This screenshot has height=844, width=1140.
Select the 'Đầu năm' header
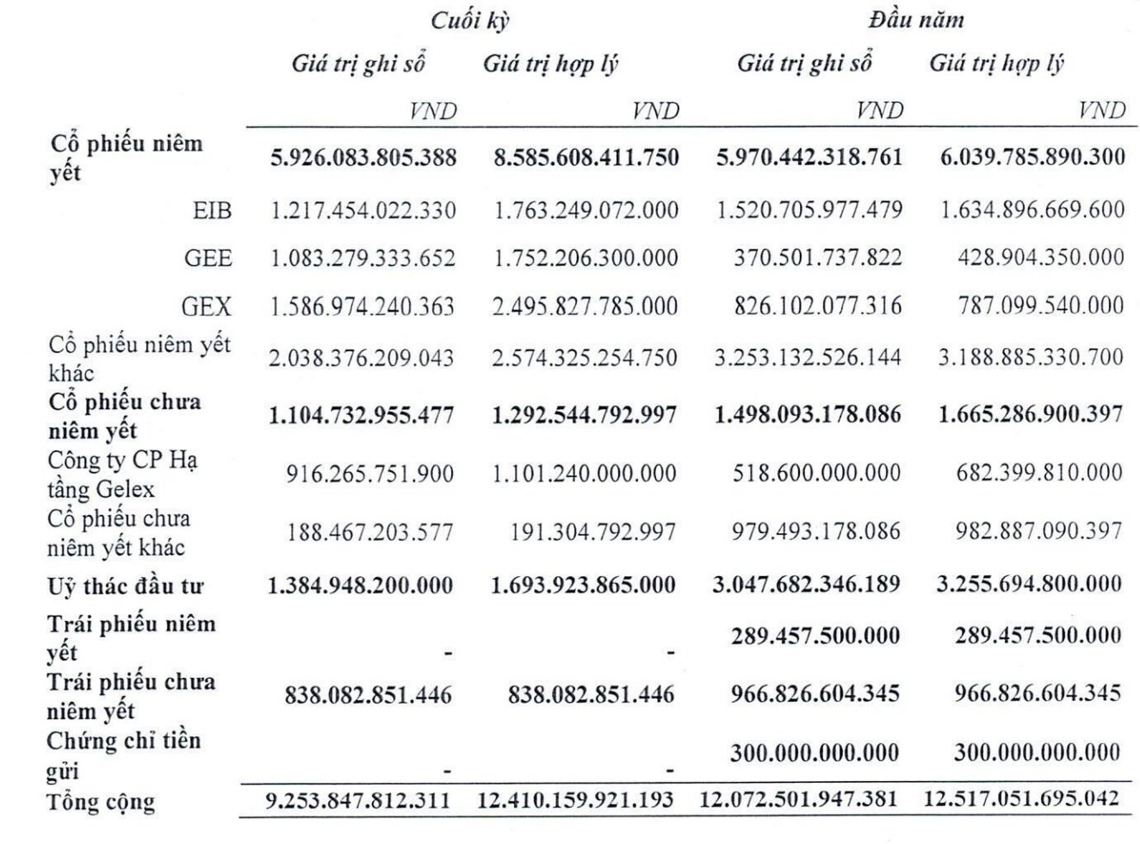915,19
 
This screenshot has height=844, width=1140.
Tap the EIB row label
211,210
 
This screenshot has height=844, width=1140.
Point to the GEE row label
208,258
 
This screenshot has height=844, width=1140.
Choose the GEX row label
208,306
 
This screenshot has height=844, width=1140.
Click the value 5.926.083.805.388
363,157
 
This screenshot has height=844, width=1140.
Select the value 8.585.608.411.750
585,157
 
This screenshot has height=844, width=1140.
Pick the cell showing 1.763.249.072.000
585,210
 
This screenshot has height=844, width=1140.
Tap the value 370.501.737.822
817,258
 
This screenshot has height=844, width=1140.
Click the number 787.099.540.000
1040,306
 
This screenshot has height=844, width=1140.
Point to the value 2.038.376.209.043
361,357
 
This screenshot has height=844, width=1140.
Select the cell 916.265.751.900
369,474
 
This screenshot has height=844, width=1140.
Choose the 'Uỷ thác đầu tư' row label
125,587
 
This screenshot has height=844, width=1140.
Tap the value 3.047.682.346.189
806,585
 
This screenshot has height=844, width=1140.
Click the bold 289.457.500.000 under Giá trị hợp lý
1038,636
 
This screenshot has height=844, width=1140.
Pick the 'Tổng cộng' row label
101,802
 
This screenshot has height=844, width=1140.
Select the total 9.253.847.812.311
358,800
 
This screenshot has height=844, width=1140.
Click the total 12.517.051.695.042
1021,798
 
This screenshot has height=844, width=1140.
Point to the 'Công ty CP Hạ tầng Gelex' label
122,475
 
